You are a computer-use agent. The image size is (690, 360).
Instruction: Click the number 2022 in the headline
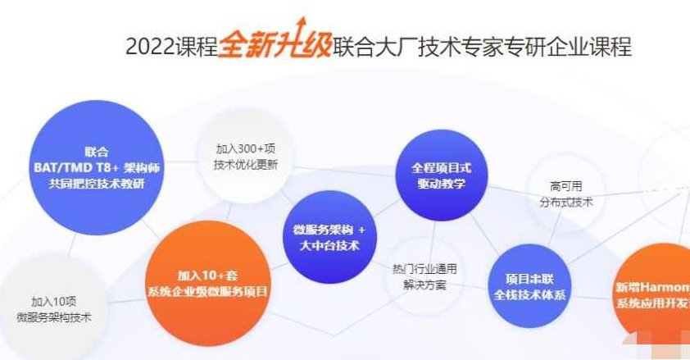coord(149,46)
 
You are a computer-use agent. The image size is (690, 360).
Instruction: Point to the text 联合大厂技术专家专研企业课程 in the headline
coord(481,46)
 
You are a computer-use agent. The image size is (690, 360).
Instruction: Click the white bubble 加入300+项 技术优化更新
coord(246,157)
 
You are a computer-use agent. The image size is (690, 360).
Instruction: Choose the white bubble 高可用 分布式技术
coord(566,194)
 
